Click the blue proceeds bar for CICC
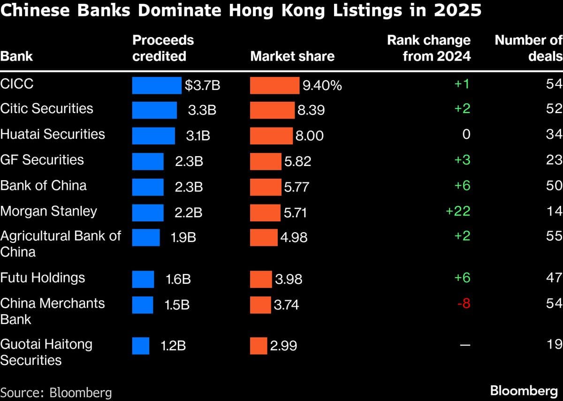click(x=156, y=85)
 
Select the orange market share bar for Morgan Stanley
click(x=265, y=212)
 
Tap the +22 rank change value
click(x=457, y=211)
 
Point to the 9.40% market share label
click(x=322, y=86)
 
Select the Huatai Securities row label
click(x=52, y=134)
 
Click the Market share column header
click(x=292, y=56)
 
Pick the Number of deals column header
click(x=528, y=48)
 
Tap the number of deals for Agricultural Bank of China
click(x=554, y=236)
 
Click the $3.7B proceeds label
click(x=202, y=86)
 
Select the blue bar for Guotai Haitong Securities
click(x=140, y=346)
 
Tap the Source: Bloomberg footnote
click(x=56, y=392)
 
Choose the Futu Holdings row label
click(x=43, y=278)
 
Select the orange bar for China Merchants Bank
click(x=260, y=304)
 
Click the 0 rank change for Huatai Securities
click(x=465, y=135)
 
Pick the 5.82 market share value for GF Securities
click(x=297, y=162)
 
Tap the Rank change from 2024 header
click(x=428, y=48)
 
